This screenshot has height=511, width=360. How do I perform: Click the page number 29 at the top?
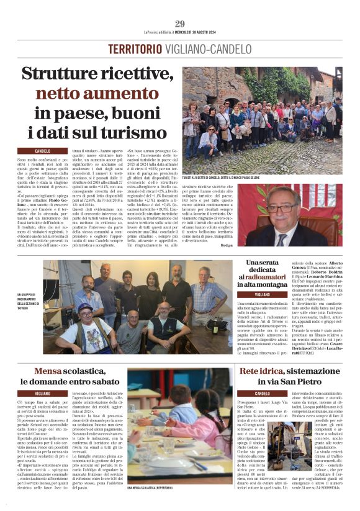click(x=180, y=24)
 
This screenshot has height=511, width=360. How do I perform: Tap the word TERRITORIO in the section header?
click(x=131, y=49)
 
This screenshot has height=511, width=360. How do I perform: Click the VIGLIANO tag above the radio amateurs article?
click(x=261, y=294)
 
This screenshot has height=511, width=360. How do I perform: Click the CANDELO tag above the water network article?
click(x=262, y=394)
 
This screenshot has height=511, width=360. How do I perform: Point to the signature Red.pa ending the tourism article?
click(x=331, y=246)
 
